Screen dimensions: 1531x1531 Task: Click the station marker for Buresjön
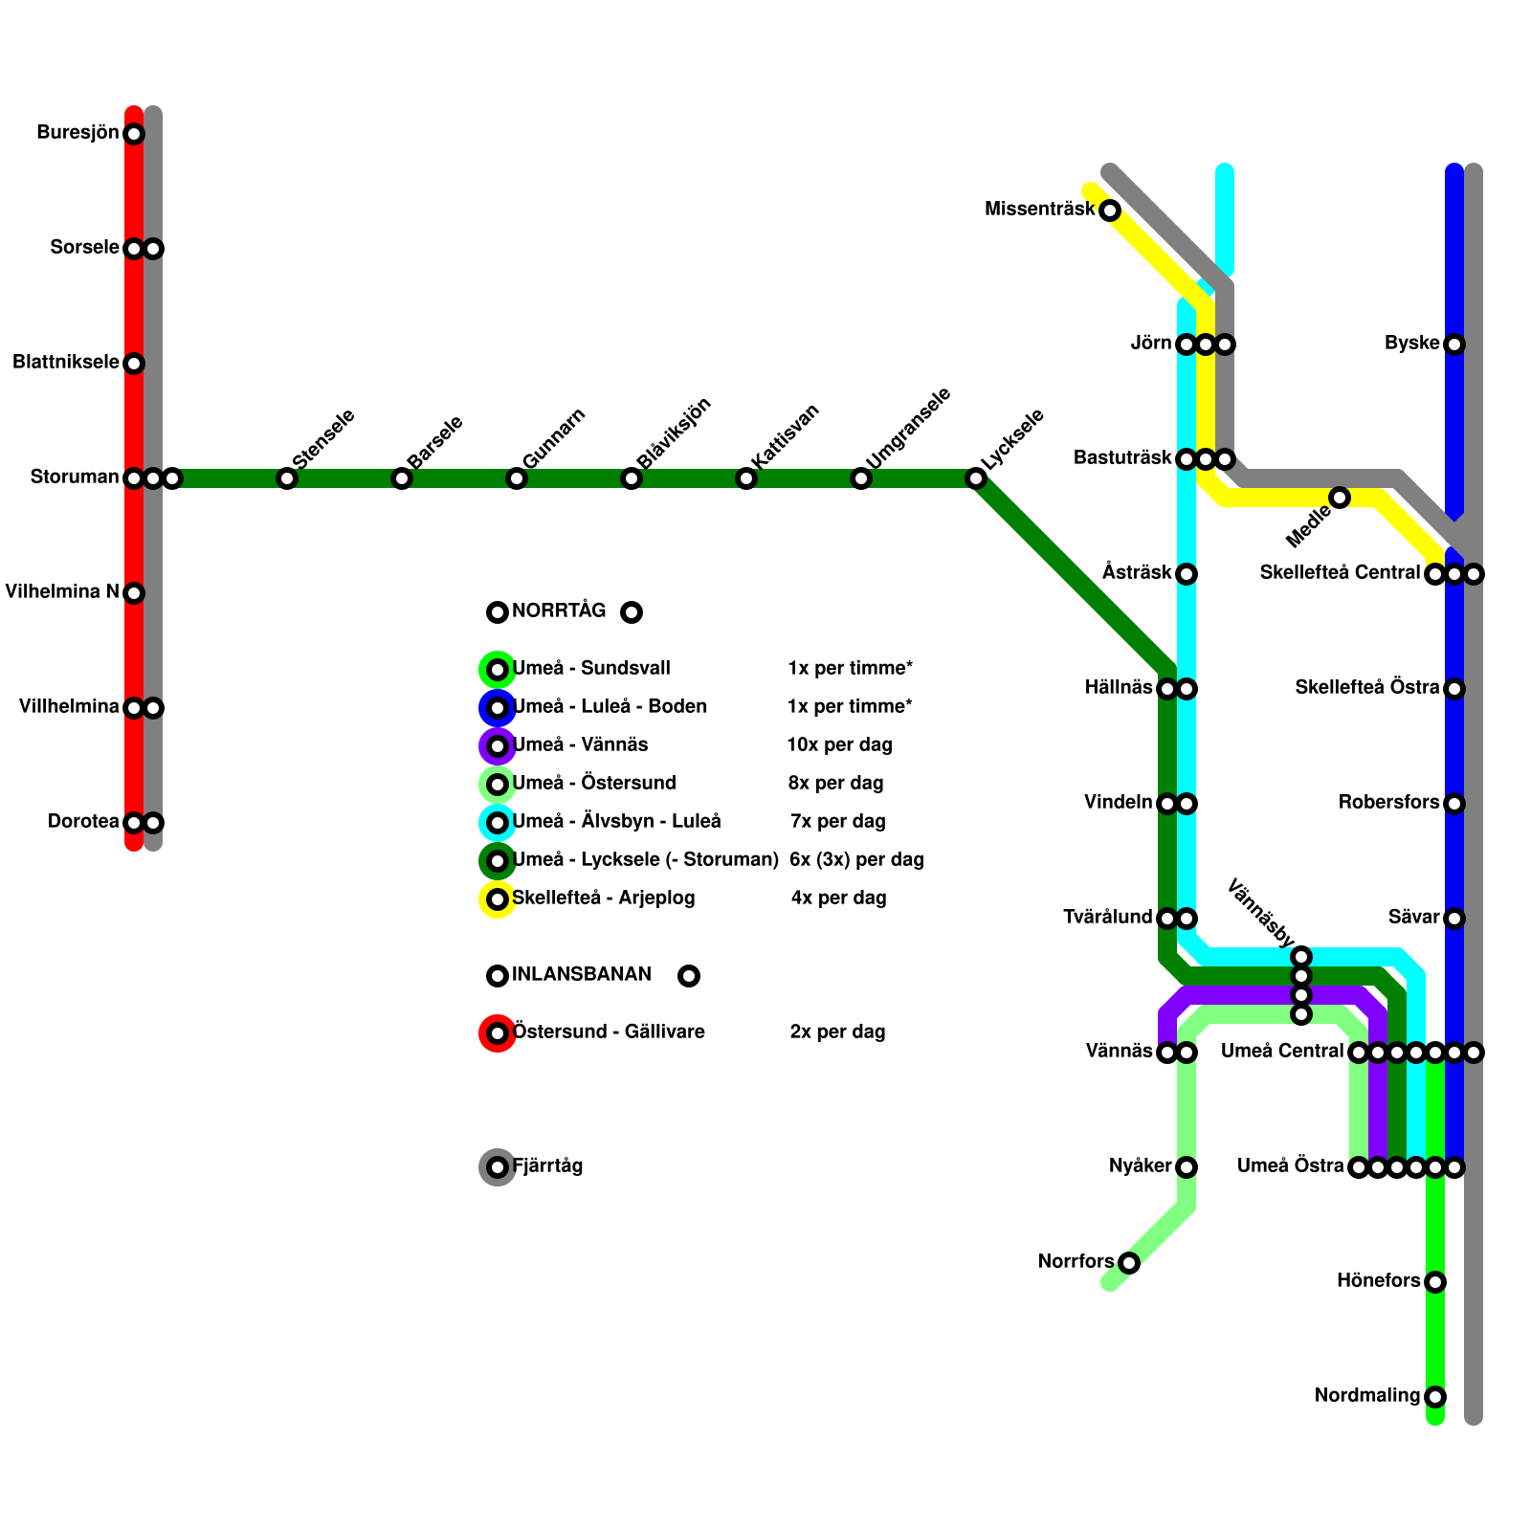coord(134,134)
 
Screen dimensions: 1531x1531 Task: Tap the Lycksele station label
coord(1012,439)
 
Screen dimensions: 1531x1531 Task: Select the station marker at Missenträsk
coord(1110,211)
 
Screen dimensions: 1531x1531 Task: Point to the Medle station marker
coord(1340,498)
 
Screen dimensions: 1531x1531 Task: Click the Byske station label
coord(1411,344)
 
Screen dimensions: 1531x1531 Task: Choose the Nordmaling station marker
coord(1435,1397)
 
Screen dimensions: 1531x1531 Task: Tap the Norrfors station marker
coord(1129,1263)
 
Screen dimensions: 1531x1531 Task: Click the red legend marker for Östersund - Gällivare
coord(498,1033)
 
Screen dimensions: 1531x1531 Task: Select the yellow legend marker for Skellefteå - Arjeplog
coord(498,899)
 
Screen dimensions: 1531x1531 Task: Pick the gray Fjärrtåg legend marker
coord(498,1167)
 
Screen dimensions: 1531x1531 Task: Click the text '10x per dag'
coord(839,745)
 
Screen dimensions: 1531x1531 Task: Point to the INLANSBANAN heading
coord(581,975)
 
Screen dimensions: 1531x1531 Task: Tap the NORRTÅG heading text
coord(559,611)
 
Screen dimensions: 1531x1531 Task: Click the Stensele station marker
coord(287,478)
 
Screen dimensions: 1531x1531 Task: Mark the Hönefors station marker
coord(1435,1282)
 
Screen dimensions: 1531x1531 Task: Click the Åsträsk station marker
coord(1187,574)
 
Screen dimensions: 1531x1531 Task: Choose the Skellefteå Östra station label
coord(1366,688)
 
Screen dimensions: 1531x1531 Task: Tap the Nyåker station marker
coord(1187,1167)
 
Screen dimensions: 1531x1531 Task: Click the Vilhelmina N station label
coord(61,592)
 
